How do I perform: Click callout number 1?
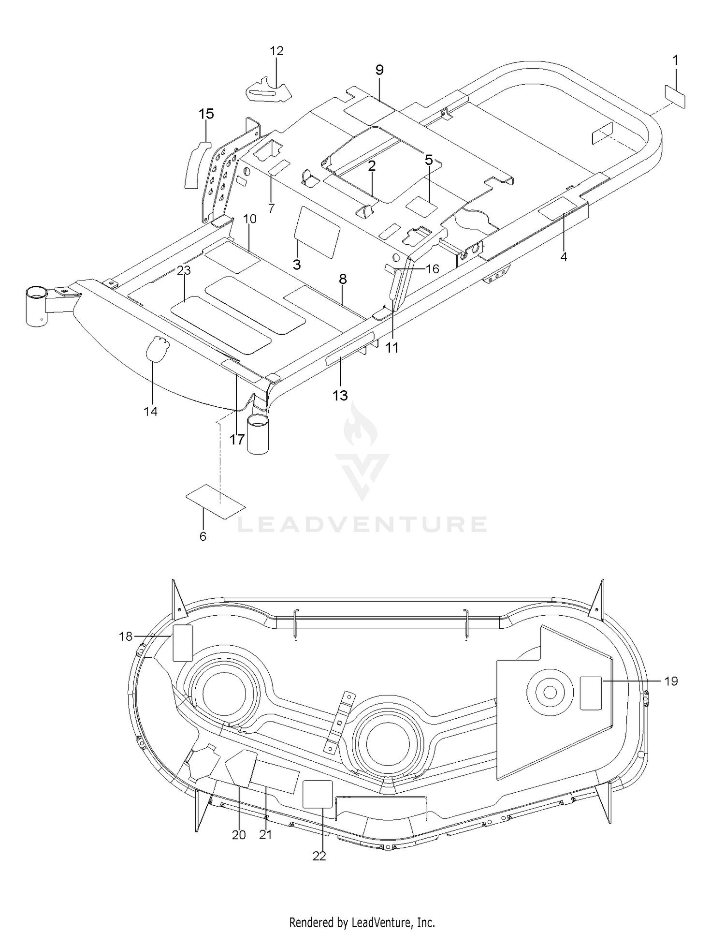pyautogui.click(x=675, y=60)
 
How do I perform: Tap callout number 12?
pyautogui.click(x=276, y=51)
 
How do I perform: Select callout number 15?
pyautogui.click(x=206, y=114)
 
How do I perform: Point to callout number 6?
pyautogui.click(x=203, y=536)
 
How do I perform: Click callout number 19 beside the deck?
pyautogui.click(x=671, y=681)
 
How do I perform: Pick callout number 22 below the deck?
pyautogui.click(x=319, y=856)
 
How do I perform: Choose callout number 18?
pyautogui.click(x=126, y=636)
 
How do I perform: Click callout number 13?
pyautogui.click(x=340, y=396)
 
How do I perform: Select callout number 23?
pyautogui.click(x=184, y=270)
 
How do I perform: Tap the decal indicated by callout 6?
pyautogui.click(x=216, y=502)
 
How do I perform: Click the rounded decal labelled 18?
pyautogui.click(x=183, y=643)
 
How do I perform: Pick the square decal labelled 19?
pyautogui.click(x=591, y=693)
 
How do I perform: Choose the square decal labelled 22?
pyautogui.click(x=318, y=794)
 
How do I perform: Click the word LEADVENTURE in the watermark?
pyautogui.click(x=362, y=524)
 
